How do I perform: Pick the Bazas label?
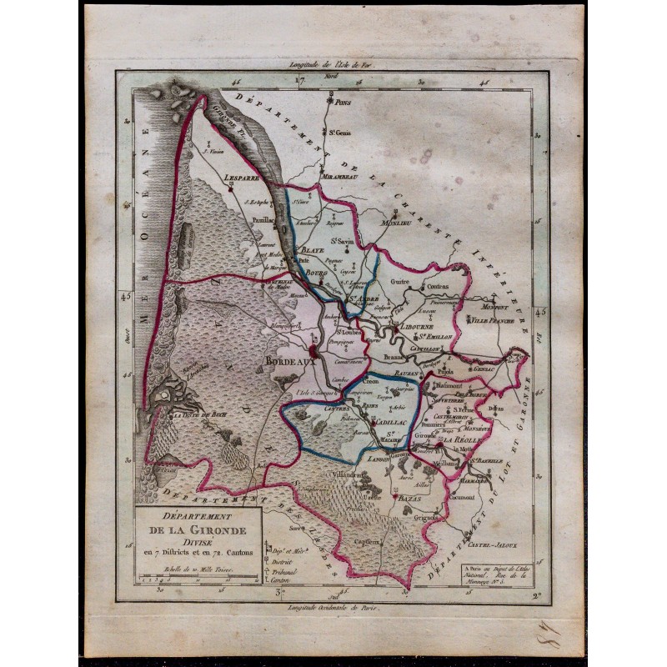397,497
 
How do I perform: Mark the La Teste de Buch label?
198,414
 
